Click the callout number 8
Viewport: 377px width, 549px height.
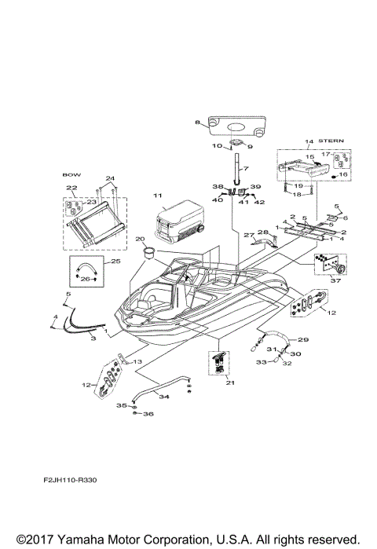197,123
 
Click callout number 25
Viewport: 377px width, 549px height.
115,261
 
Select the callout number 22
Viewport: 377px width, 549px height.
71,188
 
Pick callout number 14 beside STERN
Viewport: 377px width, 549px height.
287,141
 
